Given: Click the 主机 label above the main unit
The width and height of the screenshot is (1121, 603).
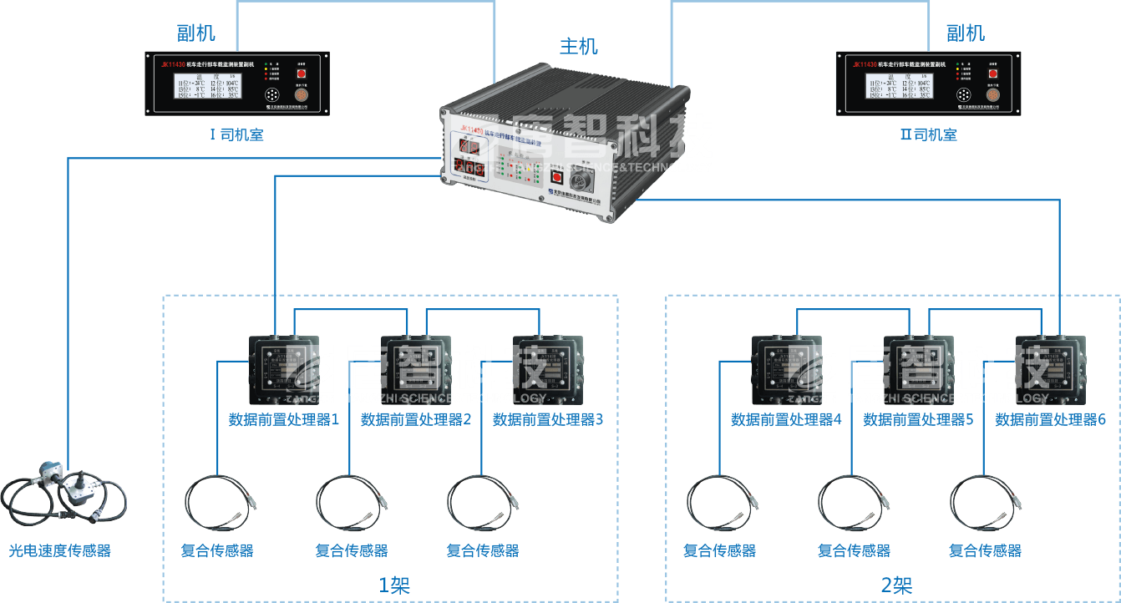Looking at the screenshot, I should [578, 46].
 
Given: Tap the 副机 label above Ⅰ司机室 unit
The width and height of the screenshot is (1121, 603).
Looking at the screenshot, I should [196, 33].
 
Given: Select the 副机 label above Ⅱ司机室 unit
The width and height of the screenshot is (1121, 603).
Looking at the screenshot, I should [965, 33].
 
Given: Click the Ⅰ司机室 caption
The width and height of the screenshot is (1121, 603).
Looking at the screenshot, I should [236, 134].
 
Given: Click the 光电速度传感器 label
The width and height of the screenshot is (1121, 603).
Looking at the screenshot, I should [60, 550].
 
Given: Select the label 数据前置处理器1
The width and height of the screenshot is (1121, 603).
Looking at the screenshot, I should [284, 420].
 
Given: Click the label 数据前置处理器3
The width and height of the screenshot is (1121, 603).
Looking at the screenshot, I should [548, 420].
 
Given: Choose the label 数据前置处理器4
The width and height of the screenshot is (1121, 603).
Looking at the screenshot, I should [786, 420].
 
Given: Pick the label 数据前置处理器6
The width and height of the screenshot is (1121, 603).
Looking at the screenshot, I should [1051, 420].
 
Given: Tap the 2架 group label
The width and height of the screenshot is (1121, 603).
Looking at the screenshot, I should [896, 585].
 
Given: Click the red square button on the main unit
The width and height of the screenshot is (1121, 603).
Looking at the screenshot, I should [556, 177].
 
